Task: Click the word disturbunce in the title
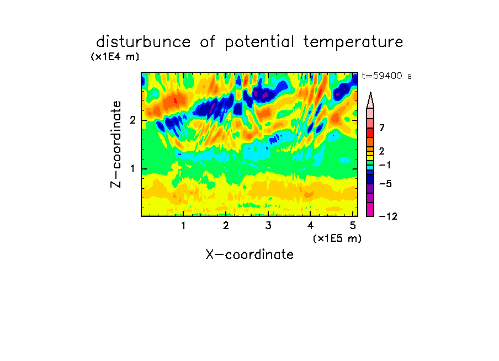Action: pos(144,42)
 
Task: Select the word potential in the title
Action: pos(259,43)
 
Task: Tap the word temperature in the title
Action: pos(353,43)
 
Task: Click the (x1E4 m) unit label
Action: pos(115,57)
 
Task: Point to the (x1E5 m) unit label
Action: pos(337,238)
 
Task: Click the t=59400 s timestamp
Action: pos(386,76)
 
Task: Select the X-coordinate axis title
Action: pos(250,254)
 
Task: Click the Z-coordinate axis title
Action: pos(116,144)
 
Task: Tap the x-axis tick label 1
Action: pos(183,226)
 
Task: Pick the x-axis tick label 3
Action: pos(268,226)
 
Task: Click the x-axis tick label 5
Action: pos(353,226)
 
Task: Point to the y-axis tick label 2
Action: pos(132,120)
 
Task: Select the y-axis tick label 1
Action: pos(132,169)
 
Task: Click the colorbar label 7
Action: pos(382,128)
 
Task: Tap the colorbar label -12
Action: pos(388,216)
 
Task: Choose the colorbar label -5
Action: pos(385,184)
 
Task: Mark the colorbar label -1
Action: pos(385,165)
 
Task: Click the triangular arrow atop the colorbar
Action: pos(370,100)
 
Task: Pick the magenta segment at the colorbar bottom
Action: pos(370,209)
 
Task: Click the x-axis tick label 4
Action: pos(311,226)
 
